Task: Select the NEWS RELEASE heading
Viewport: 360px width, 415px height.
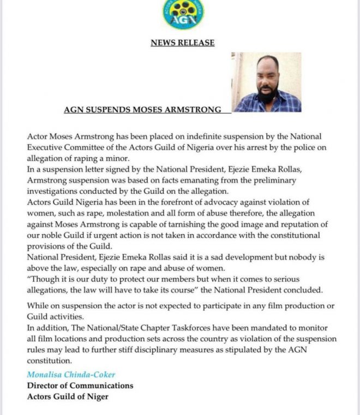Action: click(183, 43)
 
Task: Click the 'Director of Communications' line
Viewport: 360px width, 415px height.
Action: click(80, 386)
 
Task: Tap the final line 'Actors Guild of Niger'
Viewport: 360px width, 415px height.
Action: click(68, 396)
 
